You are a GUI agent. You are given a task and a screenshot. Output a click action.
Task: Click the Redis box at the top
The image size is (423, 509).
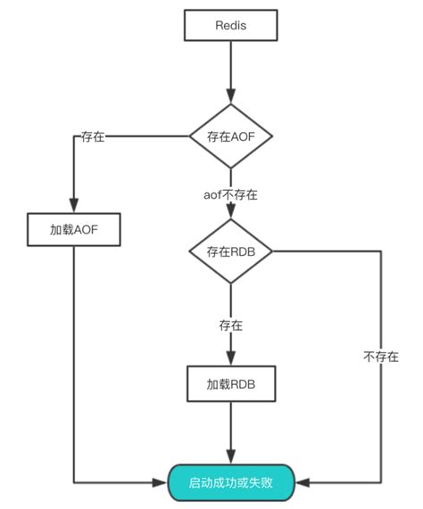point(230,26)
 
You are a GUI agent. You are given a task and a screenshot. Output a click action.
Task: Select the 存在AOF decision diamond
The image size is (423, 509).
point(230,136)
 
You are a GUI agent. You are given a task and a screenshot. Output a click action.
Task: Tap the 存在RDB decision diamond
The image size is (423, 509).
point(230,251)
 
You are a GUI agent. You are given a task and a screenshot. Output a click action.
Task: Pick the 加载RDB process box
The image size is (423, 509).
point(230,384)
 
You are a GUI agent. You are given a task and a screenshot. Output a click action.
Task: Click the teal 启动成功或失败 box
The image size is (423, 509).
point(230,482)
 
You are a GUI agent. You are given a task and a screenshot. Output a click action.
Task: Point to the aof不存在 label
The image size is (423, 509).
point(230,193)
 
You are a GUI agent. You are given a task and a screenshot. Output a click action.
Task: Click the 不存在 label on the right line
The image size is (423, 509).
point(381,356)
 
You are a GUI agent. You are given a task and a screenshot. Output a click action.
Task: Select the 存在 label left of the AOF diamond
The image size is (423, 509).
point(92,136)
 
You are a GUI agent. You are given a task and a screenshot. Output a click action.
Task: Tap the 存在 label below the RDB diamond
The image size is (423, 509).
point(230,324)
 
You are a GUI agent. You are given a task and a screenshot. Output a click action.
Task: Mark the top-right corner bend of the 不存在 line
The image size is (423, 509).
point(381,251)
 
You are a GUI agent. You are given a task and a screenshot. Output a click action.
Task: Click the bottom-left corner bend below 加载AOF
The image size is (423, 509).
point(72,482)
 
